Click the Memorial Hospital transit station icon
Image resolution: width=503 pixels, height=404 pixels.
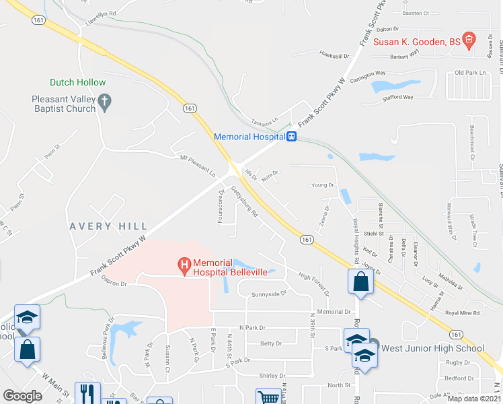[x=292, y=137]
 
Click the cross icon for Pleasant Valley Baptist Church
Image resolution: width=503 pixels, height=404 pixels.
[x=104, y=102]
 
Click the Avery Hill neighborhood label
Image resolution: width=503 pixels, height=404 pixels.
[x=107, y=226]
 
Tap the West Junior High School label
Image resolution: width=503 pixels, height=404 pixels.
[x=432, y=348]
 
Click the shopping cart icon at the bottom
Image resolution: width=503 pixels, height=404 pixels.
[x=268, y=397]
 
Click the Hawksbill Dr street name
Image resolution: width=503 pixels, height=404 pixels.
[x=336, y=55]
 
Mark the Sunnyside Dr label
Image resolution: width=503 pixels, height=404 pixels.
[x=268, y=294]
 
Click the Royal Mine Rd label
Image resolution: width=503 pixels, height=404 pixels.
[x=462, y=312]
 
